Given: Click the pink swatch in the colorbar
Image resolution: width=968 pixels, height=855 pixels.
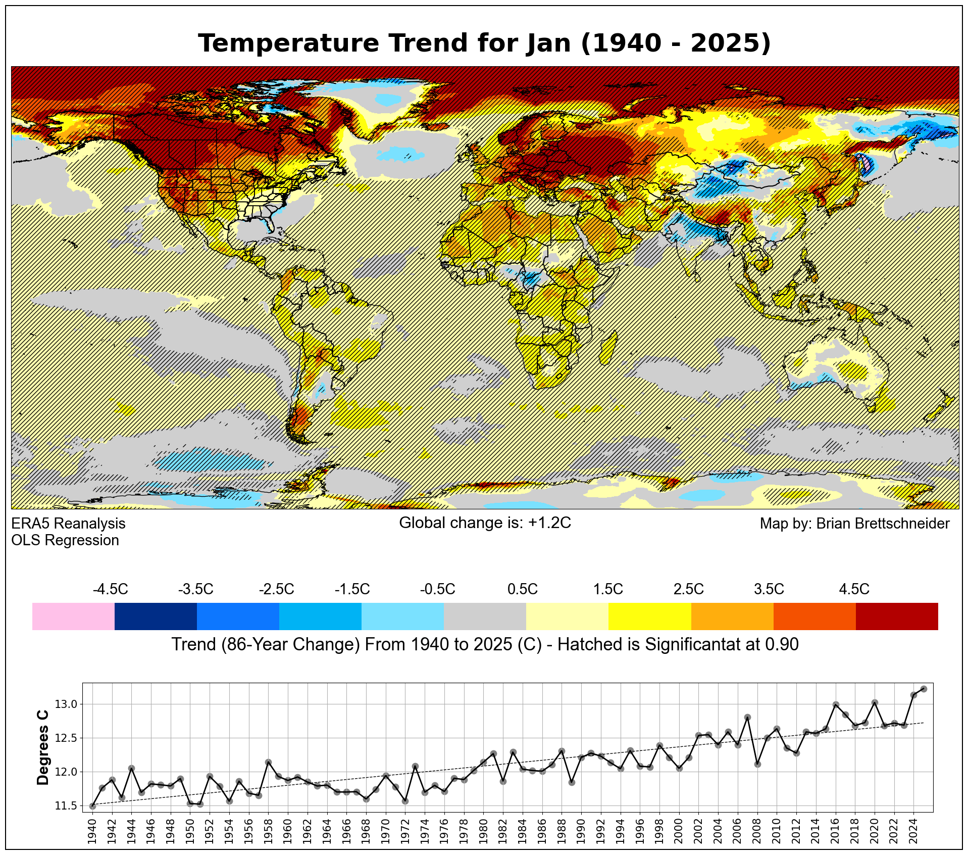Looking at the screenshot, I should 73,616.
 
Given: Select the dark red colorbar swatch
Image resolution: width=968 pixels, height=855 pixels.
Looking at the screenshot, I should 897,616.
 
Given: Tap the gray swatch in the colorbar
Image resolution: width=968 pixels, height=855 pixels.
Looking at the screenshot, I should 485,616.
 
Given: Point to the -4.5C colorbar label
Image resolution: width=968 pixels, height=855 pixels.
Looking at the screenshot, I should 110,589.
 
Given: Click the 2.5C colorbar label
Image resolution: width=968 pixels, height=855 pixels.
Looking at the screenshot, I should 688,589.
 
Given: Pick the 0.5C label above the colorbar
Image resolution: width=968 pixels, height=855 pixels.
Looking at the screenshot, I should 522,589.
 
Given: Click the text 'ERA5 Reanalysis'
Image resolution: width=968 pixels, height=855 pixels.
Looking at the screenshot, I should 68,524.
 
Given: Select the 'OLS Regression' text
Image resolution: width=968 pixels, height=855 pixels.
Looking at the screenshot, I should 65,540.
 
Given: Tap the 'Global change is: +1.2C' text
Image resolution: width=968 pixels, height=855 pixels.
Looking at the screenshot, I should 485,522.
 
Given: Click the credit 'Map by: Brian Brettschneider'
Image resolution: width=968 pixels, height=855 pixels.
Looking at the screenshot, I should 854,524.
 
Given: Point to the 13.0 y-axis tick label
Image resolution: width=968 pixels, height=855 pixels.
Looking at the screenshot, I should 67,704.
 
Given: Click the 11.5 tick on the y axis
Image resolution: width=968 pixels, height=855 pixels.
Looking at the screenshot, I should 67,806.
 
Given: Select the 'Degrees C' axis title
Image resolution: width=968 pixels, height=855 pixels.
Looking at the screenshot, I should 43,747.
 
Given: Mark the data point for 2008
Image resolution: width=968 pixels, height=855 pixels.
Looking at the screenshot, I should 757,764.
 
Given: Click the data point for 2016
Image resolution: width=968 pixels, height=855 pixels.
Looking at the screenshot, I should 836,704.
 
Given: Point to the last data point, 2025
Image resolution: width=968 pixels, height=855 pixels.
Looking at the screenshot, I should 924,689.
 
